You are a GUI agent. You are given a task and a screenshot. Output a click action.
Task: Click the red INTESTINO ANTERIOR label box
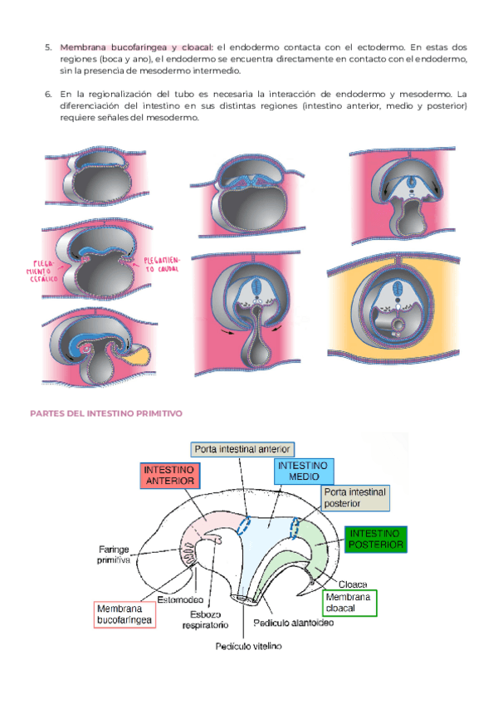click(x=169, y=475)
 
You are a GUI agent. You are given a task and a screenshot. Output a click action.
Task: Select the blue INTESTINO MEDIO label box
click(x=303, y=472)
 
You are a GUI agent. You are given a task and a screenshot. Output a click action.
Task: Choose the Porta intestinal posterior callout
click(x=354, y=497)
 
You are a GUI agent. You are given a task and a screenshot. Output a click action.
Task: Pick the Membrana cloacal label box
click(x=349, y=603)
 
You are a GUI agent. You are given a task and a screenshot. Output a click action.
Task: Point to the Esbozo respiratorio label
click(x=206, y=620)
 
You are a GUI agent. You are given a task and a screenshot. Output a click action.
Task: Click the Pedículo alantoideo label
click(x=295, y=622)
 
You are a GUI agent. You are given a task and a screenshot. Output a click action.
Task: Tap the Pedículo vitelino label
click(x=249, y=646)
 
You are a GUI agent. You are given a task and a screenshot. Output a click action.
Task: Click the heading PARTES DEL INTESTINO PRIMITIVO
click(x=106, y=413)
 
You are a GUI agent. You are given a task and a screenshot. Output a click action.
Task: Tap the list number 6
click(x=48, y=95)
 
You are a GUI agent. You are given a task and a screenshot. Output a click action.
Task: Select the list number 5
click(x=48, y=47)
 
